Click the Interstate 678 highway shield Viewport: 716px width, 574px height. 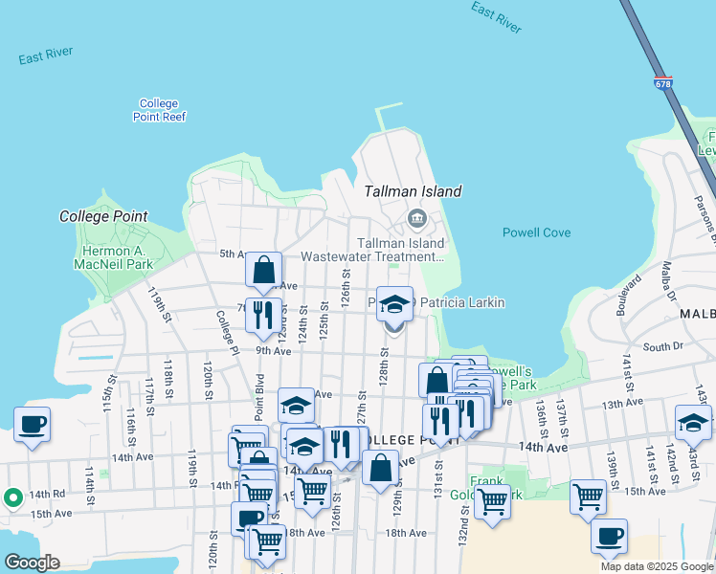tap(663, 84)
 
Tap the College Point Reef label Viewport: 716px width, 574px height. tap(159, 110)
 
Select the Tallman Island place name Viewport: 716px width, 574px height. tap(413, 191)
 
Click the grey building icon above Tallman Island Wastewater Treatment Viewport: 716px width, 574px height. tap(417, 219)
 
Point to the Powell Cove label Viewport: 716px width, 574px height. tap(536, 232)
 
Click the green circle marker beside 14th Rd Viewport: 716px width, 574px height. tap(12, 497)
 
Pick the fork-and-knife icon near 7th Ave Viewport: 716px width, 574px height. tap(262, 315)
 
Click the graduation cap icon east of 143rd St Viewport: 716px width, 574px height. tap(693, 422)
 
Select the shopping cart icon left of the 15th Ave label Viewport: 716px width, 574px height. tap(587, 496)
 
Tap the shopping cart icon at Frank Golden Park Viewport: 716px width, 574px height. tap(492, 499)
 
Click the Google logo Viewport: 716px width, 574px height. tap(32, 563)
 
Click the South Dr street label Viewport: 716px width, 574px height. tap(662, 346)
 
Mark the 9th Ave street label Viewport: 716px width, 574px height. tap(273, 351)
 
